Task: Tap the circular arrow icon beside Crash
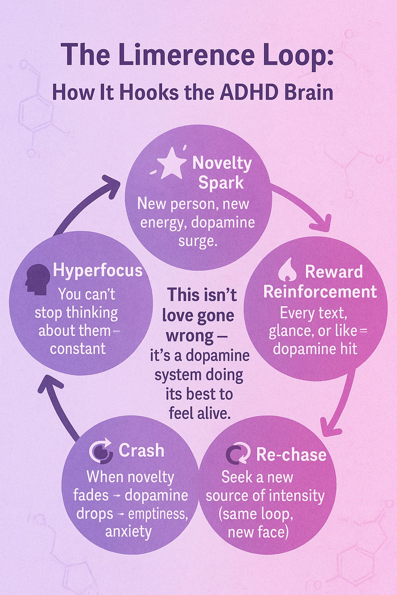click(x=101, y=451)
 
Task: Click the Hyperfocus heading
click(x=98, y=270)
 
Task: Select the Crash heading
click(x=141, y=451)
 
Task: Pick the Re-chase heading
click(x=291, y=454)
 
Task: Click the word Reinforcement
click(x=320, y=292)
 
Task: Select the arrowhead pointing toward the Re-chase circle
click(x=330, y=427)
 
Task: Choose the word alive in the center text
click(x=214, y=413)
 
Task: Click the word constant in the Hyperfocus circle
click(x=78, y=348)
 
